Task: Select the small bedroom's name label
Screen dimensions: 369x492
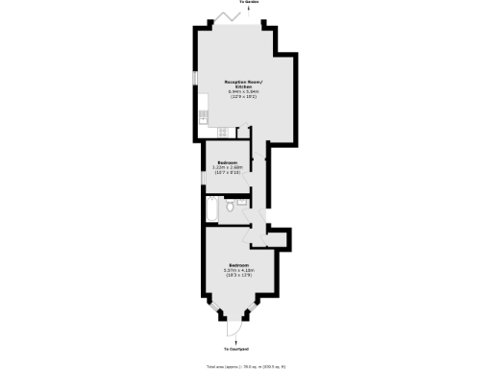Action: (x=227, y=162)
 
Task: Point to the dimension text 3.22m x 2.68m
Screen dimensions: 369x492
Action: (x=227, y=168)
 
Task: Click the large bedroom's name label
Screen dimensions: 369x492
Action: (x=238, y=264)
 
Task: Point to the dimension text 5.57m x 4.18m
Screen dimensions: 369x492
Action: (x=238, y=270)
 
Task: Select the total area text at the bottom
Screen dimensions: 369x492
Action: (x=246, y=365)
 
